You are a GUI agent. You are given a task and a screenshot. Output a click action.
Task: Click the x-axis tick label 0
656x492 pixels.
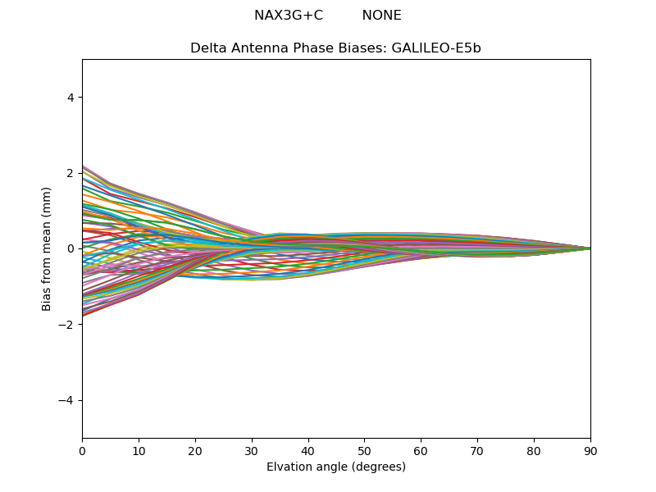tap(82, 450)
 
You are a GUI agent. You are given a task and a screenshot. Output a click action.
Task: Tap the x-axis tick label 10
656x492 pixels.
tap(139, 450)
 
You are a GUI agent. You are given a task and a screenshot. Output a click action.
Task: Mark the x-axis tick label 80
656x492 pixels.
tap(534, 450)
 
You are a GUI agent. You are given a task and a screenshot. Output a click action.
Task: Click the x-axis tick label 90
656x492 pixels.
tap(590, 450)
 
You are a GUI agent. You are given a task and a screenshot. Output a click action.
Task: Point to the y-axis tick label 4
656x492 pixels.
tap(71, 98)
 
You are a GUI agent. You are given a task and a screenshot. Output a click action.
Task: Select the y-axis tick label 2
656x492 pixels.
tap(71, 173)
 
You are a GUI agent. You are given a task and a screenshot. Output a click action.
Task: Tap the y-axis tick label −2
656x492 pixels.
tap(67, 325)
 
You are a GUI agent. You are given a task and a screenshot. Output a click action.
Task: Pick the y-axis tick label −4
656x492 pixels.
tap(67, 400)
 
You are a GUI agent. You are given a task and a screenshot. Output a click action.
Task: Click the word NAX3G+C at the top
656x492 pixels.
tap(289, 16)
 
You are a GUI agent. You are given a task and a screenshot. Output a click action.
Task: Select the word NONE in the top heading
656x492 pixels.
tap(381, 16)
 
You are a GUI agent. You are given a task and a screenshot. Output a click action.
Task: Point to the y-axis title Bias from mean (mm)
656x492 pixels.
tap(48, 248)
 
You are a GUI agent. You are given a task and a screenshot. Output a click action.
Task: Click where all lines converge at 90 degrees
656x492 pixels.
tap(590, 248)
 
